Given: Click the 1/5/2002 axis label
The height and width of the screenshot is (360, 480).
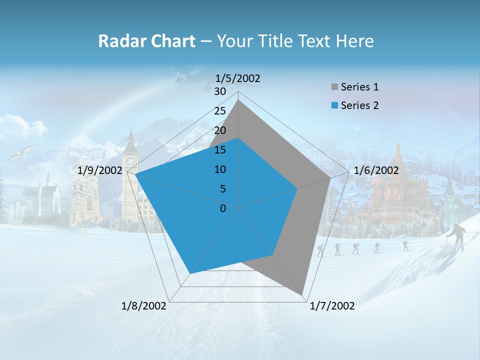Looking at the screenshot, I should [x=237, y=78].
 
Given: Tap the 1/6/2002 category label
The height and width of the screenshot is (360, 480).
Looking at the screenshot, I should [x=376, y=170].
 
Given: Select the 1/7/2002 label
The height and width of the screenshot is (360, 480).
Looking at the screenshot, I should [x=332, y=306].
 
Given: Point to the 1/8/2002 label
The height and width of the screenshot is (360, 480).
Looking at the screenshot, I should [x=144, y=306].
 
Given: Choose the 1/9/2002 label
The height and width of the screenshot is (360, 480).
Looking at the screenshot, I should [x=100, y=170].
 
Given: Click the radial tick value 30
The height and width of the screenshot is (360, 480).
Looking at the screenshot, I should [x=220, y=91].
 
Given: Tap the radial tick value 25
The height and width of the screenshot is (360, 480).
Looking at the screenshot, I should [x=220, y=111].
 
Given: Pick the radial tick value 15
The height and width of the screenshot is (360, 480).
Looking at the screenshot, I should [x=220, y=150].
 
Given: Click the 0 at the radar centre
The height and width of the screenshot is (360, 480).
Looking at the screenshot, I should [x=223, y=208].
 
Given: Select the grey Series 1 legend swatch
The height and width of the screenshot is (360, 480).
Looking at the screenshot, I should [x=334, y=87].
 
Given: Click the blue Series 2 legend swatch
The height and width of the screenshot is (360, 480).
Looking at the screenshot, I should [x=334, y=105].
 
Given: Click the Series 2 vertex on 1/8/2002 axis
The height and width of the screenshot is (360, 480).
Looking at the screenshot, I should [x=189, y=273].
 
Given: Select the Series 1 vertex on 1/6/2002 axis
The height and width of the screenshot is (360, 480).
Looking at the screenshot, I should [x=330, y=177].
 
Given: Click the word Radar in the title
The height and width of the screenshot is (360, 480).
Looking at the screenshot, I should [x=118, y=41].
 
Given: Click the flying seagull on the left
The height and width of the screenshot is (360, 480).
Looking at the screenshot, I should [x=21, y=152].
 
